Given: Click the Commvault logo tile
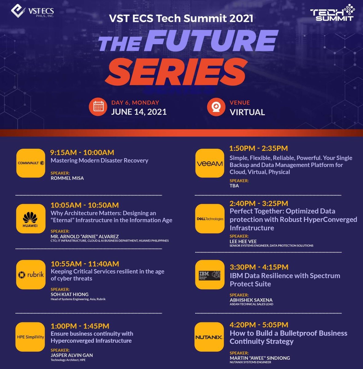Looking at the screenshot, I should pos(31,163).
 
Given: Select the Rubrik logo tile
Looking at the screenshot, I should pos(31,275).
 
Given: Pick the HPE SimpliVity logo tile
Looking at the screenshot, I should pos(30,337).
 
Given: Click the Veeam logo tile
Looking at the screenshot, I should pos(210,163).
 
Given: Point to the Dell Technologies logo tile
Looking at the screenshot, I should pos(210,219).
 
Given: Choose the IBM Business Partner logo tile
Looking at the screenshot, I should pos(210,275).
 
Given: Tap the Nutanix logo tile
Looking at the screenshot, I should pos(209,337).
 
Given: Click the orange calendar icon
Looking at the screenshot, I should pos(98,107).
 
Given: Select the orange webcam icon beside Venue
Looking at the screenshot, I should pos(216,107).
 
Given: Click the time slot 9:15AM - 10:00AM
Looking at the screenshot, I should pos(82,153).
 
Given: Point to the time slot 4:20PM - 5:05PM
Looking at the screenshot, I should pos(259,325).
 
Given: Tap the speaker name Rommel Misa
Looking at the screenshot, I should pos(67,178).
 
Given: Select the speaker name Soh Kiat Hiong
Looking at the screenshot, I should pos(69,294).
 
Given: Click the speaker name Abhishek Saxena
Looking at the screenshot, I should pos(251,300).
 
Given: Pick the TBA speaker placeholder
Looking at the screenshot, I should pos(234,186).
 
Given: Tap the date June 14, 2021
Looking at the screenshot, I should pos(139,112).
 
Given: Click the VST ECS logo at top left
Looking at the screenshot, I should pos(32,12).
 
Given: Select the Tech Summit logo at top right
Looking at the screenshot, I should pos(332,13).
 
